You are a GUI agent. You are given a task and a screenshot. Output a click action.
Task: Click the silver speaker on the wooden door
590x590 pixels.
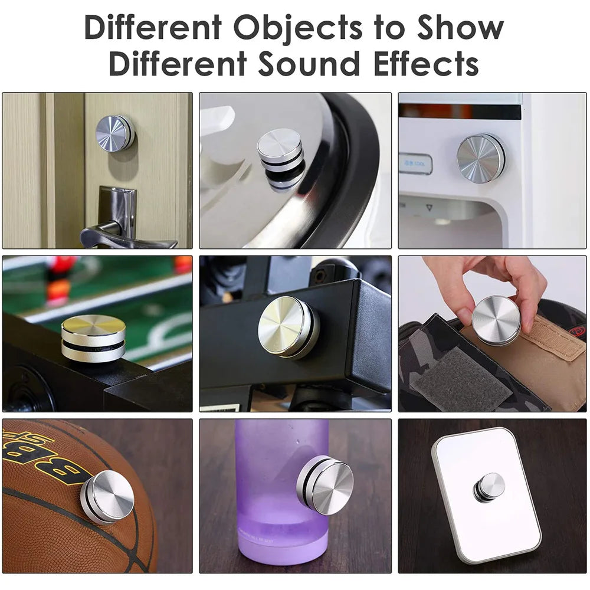click(114, 133)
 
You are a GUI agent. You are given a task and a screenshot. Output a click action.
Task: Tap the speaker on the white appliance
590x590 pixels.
click(480, 158)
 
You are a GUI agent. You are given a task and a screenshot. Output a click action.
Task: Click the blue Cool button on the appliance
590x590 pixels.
click(415, 163)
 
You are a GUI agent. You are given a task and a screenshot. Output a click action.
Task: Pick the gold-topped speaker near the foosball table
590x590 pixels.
click(93, 337)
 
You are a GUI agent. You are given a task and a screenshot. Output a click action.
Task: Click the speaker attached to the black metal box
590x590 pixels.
click(288, 326)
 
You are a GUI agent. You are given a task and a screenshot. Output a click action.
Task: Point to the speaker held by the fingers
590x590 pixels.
click(496, 320)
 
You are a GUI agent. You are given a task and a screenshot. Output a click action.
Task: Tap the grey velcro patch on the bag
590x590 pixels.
click(460, 378)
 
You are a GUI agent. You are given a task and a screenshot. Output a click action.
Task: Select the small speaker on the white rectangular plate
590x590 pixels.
click(489, 487)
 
